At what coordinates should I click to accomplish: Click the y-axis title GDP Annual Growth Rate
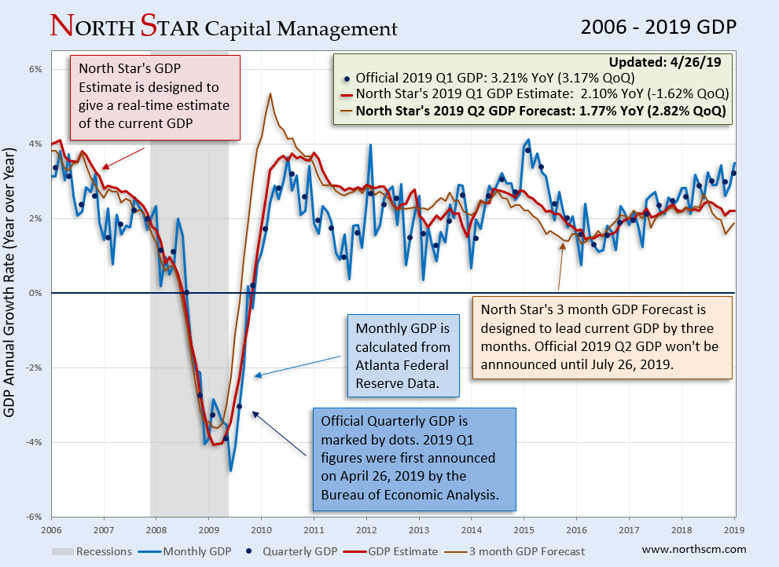click(x=10, y=287)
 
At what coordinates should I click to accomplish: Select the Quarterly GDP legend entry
click(x=295, y=551)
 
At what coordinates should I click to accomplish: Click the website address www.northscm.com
click(x=694, y=550)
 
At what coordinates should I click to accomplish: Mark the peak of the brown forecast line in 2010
click(x=270, y=93)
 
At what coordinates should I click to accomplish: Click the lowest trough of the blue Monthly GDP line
click(x=230, y=470)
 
